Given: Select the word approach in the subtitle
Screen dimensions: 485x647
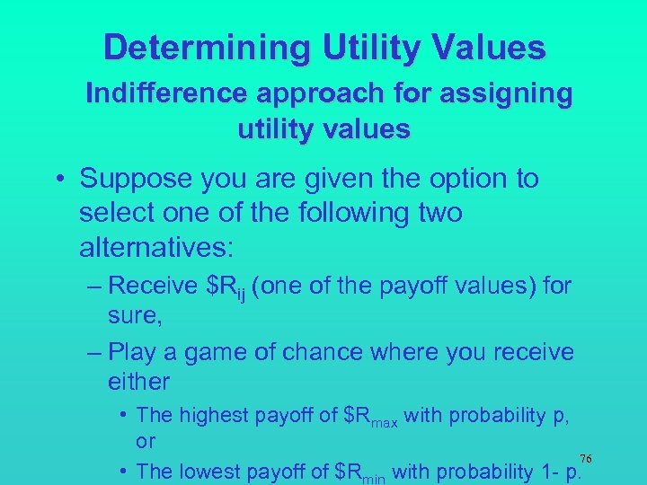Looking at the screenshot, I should (x=308, y=94).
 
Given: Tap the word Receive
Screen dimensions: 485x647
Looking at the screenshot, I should (x=160, y=286).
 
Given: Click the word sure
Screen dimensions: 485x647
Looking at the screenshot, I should (x=131, y=316).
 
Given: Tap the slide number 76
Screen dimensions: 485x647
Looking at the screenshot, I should (x=585, y=458).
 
